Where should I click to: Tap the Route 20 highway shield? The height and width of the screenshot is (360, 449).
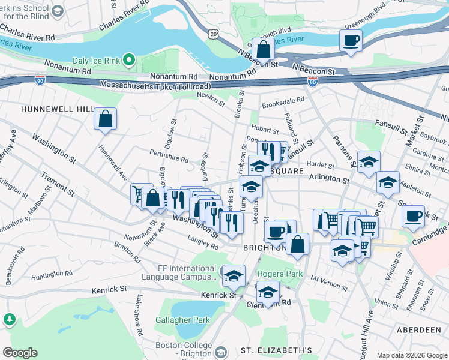[214, 35]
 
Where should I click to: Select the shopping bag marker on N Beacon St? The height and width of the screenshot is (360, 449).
[262, 49]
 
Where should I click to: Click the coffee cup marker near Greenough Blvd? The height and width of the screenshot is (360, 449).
[351, 41]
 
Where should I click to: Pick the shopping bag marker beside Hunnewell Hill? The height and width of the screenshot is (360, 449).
[105, 119]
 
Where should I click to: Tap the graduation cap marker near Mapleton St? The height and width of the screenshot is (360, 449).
[388, 182]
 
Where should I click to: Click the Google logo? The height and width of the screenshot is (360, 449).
[20, 353]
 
